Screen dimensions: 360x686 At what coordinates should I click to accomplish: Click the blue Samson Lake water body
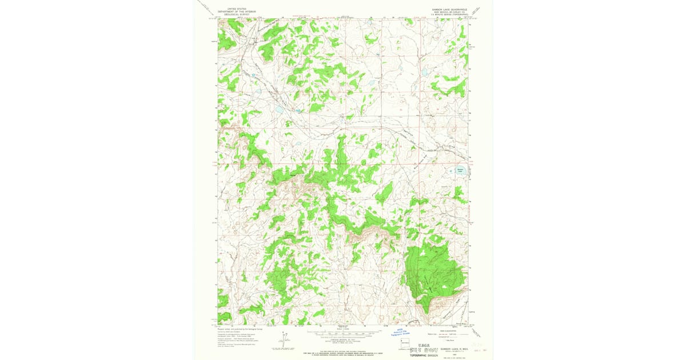coord(461,170)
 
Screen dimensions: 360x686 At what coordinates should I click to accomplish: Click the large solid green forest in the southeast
coord(433,268)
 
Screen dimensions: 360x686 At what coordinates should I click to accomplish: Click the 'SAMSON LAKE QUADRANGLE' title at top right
coord(450,9)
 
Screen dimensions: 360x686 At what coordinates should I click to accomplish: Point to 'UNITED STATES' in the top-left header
coord(237,9)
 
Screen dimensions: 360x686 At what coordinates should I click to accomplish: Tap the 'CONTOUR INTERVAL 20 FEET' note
coord(343,339)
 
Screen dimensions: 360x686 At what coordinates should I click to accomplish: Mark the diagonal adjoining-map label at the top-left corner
coord(206,7)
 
